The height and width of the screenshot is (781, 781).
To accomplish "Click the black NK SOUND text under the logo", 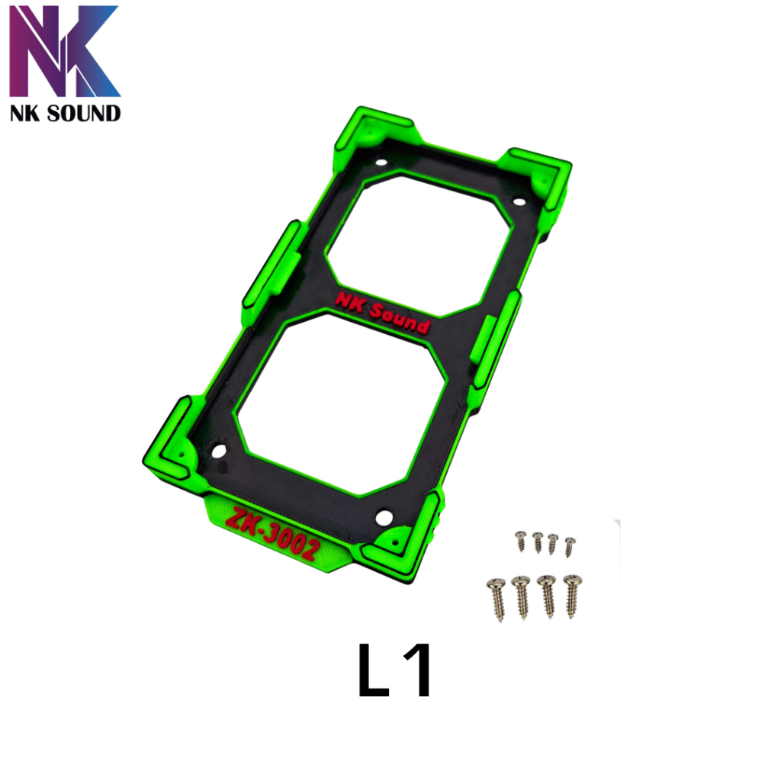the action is pos(66,114).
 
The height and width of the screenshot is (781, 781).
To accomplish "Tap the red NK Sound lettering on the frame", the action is pos(383,313).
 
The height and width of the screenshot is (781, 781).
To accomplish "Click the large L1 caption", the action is pos(394,670).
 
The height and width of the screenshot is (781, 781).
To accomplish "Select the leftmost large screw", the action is pos(497,599).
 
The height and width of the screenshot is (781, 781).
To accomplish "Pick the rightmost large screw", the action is pos(573,596).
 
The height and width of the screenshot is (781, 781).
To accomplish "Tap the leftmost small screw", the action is pos(521,541).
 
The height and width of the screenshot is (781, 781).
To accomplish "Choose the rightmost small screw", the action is pos(569,547).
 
